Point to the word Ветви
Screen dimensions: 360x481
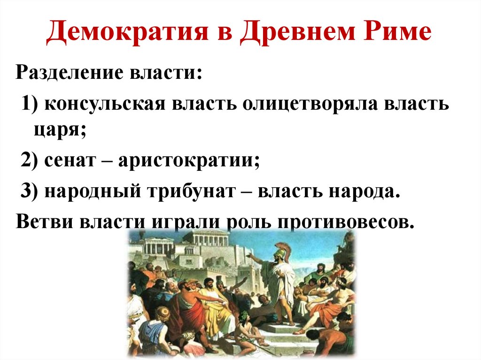(x=45, y=221)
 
